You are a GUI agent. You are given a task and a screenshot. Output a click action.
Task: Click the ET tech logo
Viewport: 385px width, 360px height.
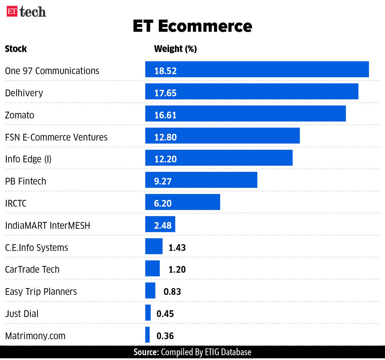click(26, 12)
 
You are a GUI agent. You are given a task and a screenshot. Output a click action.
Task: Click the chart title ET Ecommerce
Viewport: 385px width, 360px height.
click(192, 26)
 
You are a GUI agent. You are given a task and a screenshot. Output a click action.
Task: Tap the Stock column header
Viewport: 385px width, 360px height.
click(16, 49)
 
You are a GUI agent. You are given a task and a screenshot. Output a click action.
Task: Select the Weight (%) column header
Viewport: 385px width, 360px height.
click(175, 49)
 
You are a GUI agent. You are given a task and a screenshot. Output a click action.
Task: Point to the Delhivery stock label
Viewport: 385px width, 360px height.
click(24, 93)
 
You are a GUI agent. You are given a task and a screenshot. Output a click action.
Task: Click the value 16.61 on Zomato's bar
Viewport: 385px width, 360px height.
click(165, 115)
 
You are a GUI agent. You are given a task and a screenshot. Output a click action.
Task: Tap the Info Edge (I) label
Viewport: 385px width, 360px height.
click(28, 159)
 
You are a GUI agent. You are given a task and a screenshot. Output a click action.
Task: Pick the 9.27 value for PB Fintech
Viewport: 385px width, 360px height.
click(163, 181)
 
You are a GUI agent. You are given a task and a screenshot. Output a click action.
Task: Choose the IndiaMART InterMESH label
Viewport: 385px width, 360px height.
click(47, 226)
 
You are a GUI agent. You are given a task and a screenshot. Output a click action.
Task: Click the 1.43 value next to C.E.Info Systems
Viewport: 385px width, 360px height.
click(177, 248)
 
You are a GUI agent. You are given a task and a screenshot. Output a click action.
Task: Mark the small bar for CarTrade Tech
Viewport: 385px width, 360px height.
click(152, 268)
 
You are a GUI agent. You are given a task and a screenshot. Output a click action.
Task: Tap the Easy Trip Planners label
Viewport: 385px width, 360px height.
click(41, 292)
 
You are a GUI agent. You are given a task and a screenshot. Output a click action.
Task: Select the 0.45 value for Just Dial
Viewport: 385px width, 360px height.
click(165, 314)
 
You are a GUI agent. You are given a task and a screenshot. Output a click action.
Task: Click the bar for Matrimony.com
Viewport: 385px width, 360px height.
click(147, 335)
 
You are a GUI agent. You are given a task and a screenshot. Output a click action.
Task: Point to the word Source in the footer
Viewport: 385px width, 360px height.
click(146, 352)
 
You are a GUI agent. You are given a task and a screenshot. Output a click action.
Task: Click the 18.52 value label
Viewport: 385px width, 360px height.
click(165, 71)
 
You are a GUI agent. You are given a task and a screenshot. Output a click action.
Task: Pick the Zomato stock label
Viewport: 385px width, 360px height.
click(20, 115)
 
